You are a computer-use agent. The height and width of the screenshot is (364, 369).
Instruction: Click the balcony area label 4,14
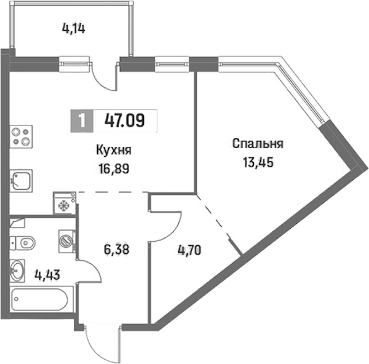pyautogui.click(x=73, y=29)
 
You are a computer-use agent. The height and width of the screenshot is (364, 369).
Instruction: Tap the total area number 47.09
pyautogui.click(x=124, y=121)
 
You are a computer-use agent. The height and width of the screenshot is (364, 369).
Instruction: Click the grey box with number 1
pyautogui.click(x=82, y=121)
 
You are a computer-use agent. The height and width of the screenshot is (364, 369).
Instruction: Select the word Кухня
pyautogui.click(x=114, y=150)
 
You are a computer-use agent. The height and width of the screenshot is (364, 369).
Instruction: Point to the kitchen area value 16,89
pyautogui.click(x=114, y=168)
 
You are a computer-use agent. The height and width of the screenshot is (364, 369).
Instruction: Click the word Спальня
pyautogui.click(x=258, y=144)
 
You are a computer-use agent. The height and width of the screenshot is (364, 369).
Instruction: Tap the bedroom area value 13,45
pyautogui.click(x=258, y=162)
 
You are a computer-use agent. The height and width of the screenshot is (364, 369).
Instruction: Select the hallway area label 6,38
pyautogui.click(x=116, y=250)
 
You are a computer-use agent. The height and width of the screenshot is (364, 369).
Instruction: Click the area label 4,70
pyautogui.click(x=189, y=250)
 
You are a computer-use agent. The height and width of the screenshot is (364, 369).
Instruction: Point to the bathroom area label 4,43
pyautogui.click(x=47, y=275)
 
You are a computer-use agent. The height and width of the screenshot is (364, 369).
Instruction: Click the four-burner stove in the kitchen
pyautogui.click(x=21, y=136)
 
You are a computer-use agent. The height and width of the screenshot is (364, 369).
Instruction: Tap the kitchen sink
pyautogui.click(x=21, y=181)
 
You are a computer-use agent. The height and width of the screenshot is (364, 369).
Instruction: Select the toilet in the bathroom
pyautogui.click(x=23, y=243)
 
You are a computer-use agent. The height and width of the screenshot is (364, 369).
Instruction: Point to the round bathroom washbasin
pyautogui.click(x=17, y=271)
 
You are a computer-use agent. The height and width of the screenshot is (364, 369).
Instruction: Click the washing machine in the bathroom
pyautogui.click(x=67, y=242)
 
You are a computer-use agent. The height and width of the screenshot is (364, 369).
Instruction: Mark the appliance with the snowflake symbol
pyautogui.click(x=65, y=204)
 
